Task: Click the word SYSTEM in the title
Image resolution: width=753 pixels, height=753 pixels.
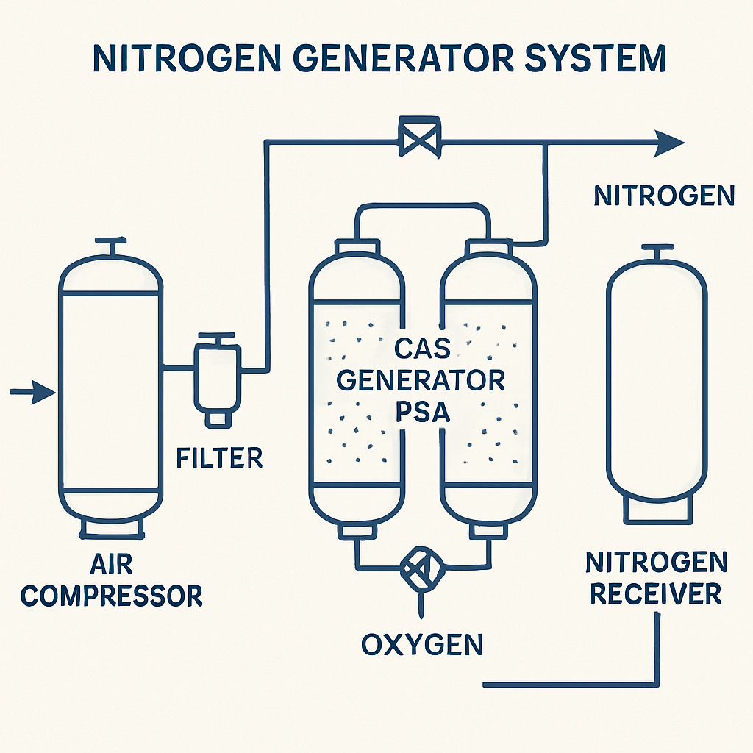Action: (595, 59)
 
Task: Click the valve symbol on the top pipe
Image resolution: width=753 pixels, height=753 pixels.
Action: (420, 138)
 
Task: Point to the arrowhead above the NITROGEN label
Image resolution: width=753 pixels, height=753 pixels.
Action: (669, 143)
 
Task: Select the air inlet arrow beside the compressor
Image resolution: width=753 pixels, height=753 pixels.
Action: (32, 392)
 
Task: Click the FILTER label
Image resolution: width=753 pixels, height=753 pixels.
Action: (219, 457)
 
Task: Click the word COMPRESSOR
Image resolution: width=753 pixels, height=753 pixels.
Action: (112, 596)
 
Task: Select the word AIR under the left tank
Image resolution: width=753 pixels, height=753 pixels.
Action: (111, 564)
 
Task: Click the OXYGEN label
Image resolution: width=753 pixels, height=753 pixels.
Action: (421, 644)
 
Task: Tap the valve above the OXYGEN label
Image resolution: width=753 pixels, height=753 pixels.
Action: (421, 568)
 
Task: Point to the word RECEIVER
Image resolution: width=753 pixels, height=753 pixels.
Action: (655, 593)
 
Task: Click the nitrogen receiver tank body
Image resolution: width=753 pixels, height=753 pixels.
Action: (657, 384)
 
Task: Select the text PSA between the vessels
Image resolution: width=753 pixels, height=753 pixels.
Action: (423, 412)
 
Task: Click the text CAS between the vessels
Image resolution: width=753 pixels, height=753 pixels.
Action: (423, 348)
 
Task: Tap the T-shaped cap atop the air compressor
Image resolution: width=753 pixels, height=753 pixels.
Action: (111, 246)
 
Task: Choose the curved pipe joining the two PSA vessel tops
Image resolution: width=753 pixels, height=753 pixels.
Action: (423, 207)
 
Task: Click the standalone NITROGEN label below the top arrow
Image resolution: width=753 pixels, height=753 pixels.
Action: (664, 196)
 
